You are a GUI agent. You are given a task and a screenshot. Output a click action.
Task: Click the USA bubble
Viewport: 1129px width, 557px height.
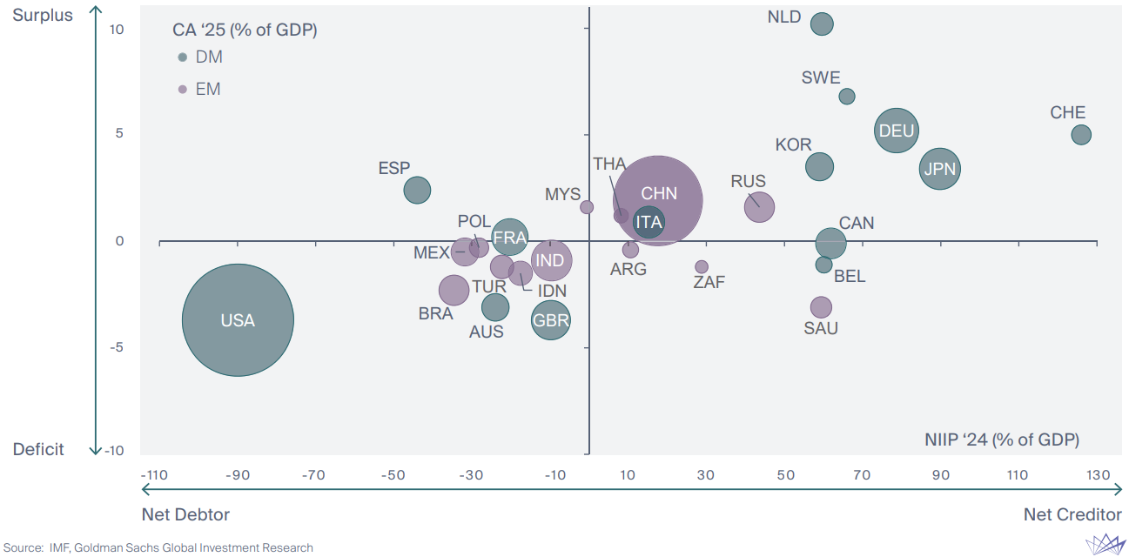(x=238, y=320)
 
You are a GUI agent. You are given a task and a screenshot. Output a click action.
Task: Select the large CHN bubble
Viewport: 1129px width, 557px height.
(x=659, y=201)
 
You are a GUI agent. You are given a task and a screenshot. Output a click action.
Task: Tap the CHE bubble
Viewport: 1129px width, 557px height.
(x=1081, y=135)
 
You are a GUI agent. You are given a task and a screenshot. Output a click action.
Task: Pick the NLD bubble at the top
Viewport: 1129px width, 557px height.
(x=822, y=24)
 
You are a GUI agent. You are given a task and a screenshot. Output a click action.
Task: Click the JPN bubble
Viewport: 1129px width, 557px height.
(x=939, y=169)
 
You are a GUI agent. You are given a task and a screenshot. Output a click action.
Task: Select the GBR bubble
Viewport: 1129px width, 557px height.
(x=551, y=320)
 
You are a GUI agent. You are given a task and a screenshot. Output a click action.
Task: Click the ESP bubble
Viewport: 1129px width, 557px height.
(x=418, y=190)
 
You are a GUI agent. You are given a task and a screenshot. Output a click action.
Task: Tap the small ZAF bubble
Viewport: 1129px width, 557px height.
(x=702, y=267)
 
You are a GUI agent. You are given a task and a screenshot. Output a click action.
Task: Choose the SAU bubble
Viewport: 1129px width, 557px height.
(x=821, y=307)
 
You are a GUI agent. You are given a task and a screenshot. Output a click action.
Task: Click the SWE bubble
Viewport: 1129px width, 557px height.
(x=847, y=97)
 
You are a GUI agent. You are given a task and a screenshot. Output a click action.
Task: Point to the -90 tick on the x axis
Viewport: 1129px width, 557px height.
(x=238, y=475)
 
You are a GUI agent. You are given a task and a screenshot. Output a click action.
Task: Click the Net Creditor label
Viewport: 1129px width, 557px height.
(x=1072, y=514)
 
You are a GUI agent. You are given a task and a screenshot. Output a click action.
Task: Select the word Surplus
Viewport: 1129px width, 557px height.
(x=43, y=16)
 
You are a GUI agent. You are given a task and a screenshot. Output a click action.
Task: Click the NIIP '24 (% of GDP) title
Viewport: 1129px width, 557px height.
(x=1001, y=440)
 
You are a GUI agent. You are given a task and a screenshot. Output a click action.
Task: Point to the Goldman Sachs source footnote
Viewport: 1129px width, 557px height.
(x=158, y=547)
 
